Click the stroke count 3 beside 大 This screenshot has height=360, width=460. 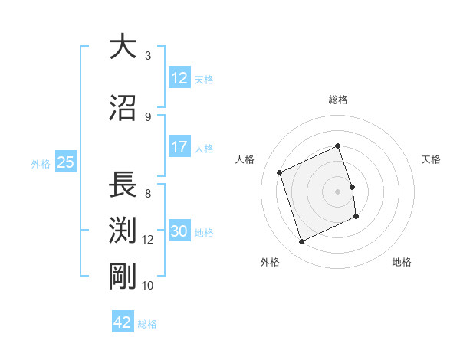point(148,56)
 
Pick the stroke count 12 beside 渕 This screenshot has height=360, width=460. point(148,240)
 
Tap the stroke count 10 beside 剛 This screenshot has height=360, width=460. point(148,286)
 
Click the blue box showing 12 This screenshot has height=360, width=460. point(179,78)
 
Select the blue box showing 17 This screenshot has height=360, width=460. point(179,147)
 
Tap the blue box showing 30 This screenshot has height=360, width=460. point(179,231)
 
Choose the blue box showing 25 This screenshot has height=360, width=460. point(65,162)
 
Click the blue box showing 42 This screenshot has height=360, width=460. point(123,322)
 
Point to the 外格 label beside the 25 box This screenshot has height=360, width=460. point(41,163)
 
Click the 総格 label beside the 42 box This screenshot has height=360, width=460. point(147,323)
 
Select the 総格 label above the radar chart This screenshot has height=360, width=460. point(337,100)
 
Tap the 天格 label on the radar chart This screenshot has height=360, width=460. point(431,159)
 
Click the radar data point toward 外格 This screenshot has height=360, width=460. point(301,242)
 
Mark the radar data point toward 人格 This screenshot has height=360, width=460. point(280,172)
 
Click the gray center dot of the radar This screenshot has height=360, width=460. point(337,191)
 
